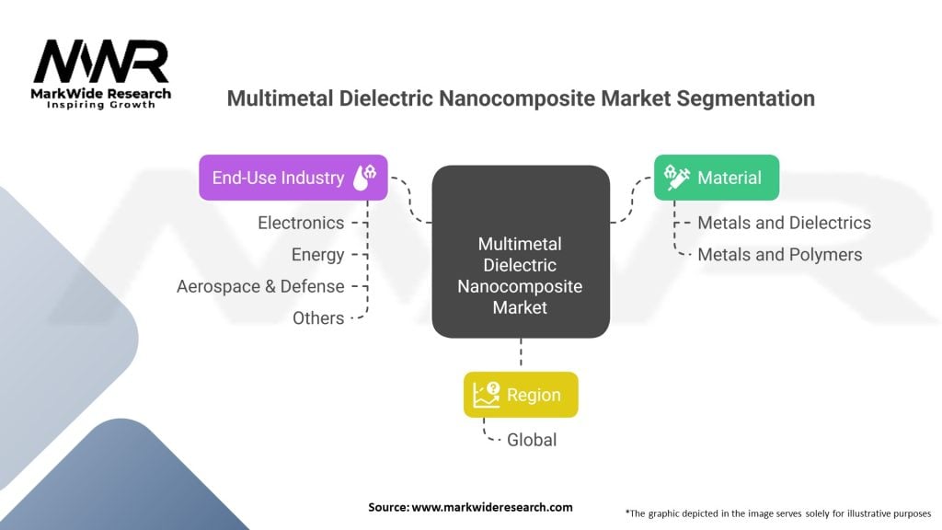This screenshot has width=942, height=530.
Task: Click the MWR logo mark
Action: [x=101, y=62]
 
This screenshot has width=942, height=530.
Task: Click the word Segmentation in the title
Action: [x=745, y=98]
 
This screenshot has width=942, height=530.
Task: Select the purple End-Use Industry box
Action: [x=293, y=178]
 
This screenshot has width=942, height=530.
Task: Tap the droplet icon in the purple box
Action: [x=364, y=178]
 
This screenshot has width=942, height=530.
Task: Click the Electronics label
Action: [x=301, y=223]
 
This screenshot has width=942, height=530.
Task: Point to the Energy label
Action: [x=317, y=255]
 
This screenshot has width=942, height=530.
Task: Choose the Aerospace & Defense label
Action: [x=260, y=287]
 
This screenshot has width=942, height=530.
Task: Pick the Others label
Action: [x=318, y=317]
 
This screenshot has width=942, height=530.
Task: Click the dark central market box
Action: [x=521, y=251]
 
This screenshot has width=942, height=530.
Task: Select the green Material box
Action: [x=717, y=178]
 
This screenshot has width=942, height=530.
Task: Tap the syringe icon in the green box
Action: [x=676, y=178]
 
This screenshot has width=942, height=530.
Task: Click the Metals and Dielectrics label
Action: [x=784, y=223]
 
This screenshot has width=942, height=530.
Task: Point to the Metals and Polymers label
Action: [x=780, y=255]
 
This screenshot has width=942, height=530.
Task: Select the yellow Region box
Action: [x=521, y=395]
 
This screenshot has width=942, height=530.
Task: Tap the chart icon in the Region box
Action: [x=486, y=395]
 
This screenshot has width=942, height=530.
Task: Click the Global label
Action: [x=532, y=440]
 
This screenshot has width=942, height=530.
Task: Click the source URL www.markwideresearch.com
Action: [x=492, y=507]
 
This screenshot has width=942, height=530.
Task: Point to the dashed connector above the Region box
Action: [x=521, y=354]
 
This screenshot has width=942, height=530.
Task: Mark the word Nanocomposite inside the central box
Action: [x=521, y=286]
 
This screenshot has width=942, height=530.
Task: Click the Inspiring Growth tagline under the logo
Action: [x=101, y=105]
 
